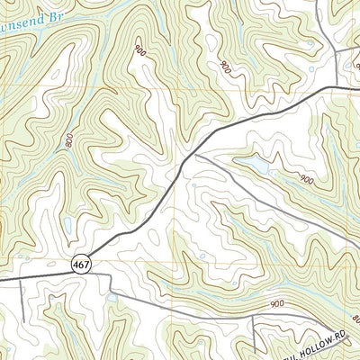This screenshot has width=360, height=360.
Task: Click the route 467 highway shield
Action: click(x=81, y=262)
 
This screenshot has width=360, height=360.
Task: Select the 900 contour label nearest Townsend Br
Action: click(x=139, y=55)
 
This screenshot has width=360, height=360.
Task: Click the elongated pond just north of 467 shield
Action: click(x=68, y=226)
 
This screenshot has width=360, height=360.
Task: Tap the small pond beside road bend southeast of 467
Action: click(x=111, y=296)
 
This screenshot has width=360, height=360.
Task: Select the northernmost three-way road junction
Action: click(x=335, y=50)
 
